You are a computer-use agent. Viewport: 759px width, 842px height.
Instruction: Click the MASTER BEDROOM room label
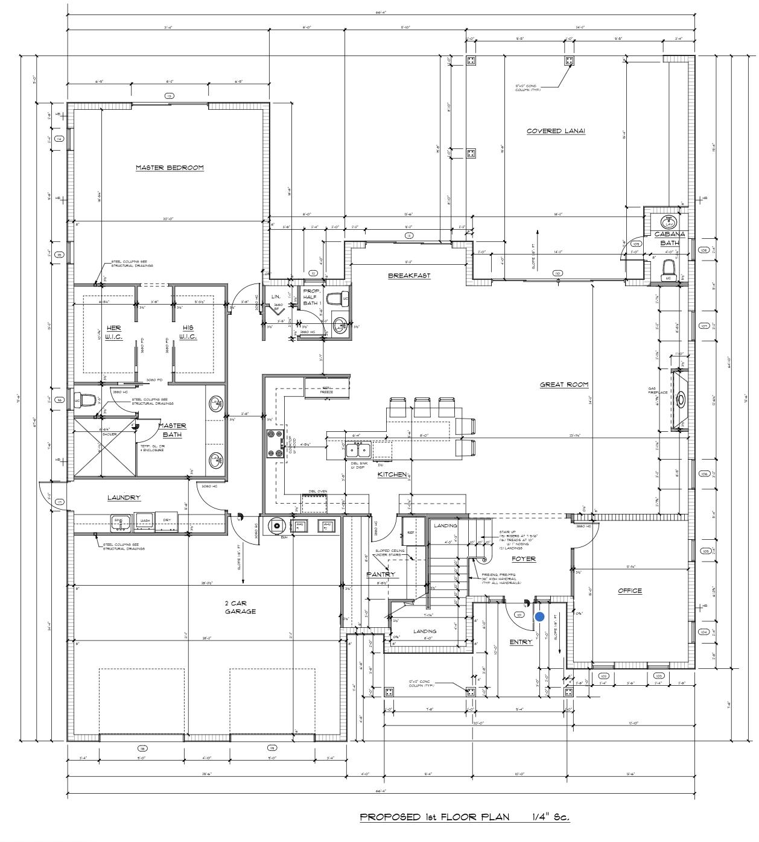[x=170, y=168]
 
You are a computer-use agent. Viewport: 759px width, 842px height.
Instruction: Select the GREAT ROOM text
[x=564, y=384]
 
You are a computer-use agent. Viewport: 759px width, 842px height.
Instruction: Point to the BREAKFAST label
[x=409, y=276]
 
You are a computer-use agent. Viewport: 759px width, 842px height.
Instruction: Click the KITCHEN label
[x=392, y=475]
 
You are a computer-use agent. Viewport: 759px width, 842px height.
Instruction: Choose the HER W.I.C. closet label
[x=113, y=332]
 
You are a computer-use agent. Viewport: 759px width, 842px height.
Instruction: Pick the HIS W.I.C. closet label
[x=188, y=332]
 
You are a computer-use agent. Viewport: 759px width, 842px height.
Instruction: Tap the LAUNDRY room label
[x=124, y=498]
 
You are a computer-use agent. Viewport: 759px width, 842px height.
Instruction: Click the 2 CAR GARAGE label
[x=240, y=607]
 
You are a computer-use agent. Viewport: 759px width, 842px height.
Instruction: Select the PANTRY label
[x=381, y=574]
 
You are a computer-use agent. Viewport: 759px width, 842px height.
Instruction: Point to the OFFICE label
[x=630, y=590]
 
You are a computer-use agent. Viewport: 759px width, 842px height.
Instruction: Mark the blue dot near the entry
[x=539, y=616]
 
